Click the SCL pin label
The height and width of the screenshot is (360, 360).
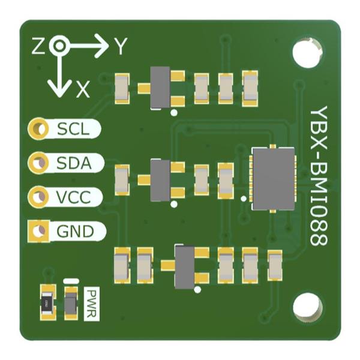73,129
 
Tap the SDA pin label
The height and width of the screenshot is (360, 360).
74,163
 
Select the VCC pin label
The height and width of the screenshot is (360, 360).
73,197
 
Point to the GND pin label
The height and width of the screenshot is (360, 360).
76,231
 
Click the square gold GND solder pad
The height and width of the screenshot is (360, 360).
38,231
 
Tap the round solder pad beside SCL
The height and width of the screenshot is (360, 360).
38,128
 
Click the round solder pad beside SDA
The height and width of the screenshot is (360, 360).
38,163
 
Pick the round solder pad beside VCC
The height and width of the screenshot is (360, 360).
38,197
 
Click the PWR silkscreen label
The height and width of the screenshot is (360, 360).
92,304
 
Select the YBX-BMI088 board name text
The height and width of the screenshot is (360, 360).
319,176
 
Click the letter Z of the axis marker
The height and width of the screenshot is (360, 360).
38,46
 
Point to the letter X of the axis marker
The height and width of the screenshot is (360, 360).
83,90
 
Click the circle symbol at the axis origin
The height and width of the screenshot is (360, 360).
59,46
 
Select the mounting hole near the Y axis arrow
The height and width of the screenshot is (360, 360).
307,53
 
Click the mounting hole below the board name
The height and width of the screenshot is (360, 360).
308,307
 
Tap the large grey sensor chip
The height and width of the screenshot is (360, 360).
274,179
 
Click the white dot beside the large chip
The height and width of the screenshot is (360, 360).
244,199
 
